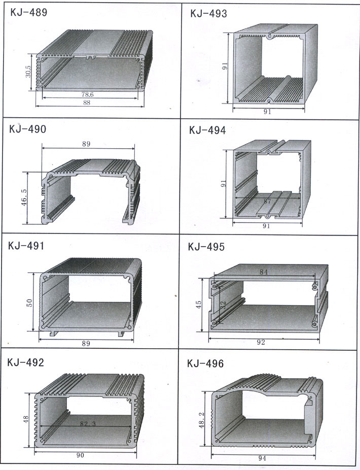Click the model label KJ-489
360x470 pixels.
(x=29, y=13)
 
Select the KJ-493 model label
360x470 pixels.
(x=208, y=14)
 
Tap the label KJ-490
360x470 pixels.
(x=28, y=129)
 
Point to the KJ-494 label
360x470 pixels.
(x=207, y=130)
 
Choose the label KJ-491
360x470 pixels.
(x=26, y=246)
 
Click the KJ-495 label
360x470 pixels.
(x=206, y=247)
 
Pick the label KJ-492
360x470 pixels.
(x=26, y=362)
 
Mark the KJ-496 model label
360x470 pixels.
(x=205, y=363)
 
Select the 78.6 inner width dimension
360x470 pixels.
(x=87, y=94)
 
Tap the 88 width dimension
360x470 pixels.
(x=87, y=103)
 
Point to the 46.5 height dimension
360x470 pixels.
(x=24, y=197)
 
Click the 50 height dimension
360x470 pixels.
(x=29, y=303)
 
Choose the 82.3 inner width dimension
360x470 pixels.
(x=88, y=423)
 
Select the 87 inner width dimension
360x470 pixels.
(x=267, y=202)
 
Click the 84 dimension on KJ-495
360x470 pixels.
(x=264, y=272)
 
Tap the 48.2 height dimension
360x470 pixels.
(x=202, y=420)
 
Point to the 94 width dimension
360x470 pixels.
(x=262, y=458)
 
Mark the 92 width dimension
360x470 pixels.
(x=261, y=342)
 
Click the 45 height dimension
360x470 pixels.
(x=199, y=304)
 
